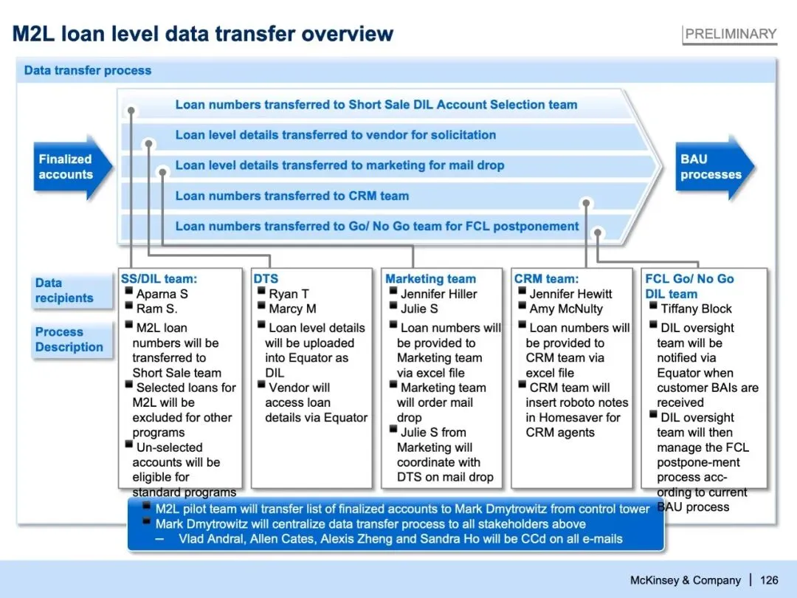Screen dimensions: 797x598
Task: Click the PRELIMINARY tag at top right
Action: tap(729, 34)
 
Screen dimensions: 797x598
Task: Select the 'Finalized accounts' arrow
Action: tap(67, 167)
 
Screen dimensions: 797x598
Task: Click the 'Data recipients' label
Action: tap(64, 290)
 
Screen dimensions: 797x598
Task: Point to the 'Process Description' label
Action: tap(69, 340)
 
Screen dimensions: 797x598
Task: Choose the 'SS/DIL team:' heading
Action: tap(159, 279)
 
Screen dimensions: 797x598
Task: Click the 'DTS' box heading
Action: tap(266, 279)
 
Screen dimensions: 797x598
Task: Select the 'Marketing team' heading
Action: tap(430, 279)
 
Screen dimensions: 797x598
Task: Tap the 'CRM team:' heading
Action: tap(546, 279)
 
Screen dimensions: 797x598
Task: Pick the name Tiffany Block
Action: tap(696, 309)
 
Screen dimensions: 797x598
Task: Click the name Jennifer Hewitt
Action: tap(570, 294)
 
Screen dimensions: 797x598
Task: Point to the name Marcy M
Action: tap(292, 309)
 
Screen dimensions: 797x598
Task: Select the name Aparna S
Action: tap(162, 294)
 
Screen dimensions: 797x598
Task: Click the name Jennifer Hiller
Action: tap(438, 294)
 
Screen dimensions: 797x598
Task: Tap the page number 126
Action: tap(769, 580)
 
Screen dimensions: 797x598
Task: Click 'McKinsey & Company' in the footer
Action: tap(685, 580)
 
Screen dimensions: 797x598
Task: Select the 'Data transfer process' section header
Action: tap(88, 71)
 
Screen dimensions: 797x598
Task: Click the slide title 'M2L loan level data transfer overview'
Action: tap(203, 34)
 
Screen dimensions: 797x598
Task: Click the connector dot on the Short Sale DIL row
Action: tap(131, 111)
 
